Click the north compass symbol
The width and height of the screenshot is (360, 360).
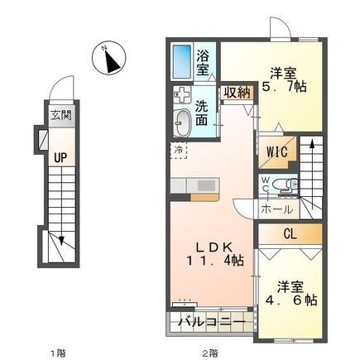point(109,58)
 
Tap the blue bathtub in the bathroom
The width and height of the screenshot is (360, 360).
point(182,61)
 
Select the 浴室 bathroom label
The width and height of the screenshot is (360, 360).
point(203,63)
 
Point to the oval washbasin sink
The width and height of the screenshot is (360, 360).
point(183,122)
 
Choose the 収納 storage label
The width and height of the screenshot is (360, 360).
point(237,93)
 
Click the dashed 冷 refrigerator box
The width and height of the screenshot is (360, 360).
point(179,151)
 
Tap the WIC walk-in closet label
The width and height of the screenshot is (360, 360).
point(276,151)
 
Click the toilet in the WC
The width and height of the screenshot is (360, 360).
point(285,185)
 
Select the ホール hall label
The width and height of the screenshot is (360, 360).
point(276,210)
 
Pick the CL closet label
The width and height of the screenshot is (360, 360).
point(290,234)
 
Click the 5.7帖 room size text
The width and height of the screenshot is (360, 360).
point(284,88)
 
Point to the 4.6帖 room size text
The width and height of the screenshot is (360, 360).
point(291,300)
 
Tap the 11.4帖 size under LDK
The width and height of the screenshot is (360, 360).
point(215,260)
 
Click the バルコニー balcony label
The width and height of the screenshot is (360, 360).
point(212,322)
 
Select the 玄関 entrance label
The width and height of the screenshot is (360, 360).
point(61,115)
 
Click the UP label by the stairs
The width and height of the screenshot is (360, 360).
point(60,158)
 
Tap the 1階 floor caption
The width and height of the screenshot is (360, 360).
point(58,353)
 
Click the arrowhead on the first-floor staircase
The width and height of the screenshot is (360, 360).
point(61,241)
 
